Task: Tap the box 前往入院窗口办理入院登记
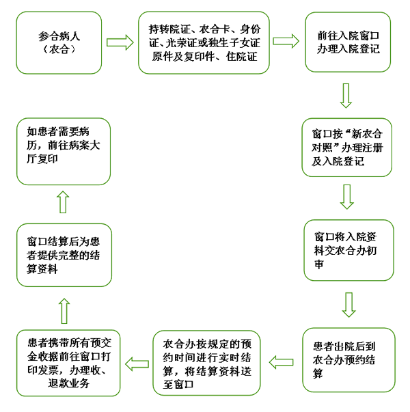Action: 347,42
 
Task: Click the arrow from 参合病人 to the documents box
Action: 120,42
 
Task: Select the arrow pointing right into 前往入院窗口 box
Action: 286,41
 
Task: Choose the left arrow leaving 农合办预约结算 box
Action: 282,361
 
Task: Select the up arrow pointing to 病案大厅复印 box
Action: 64,203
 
